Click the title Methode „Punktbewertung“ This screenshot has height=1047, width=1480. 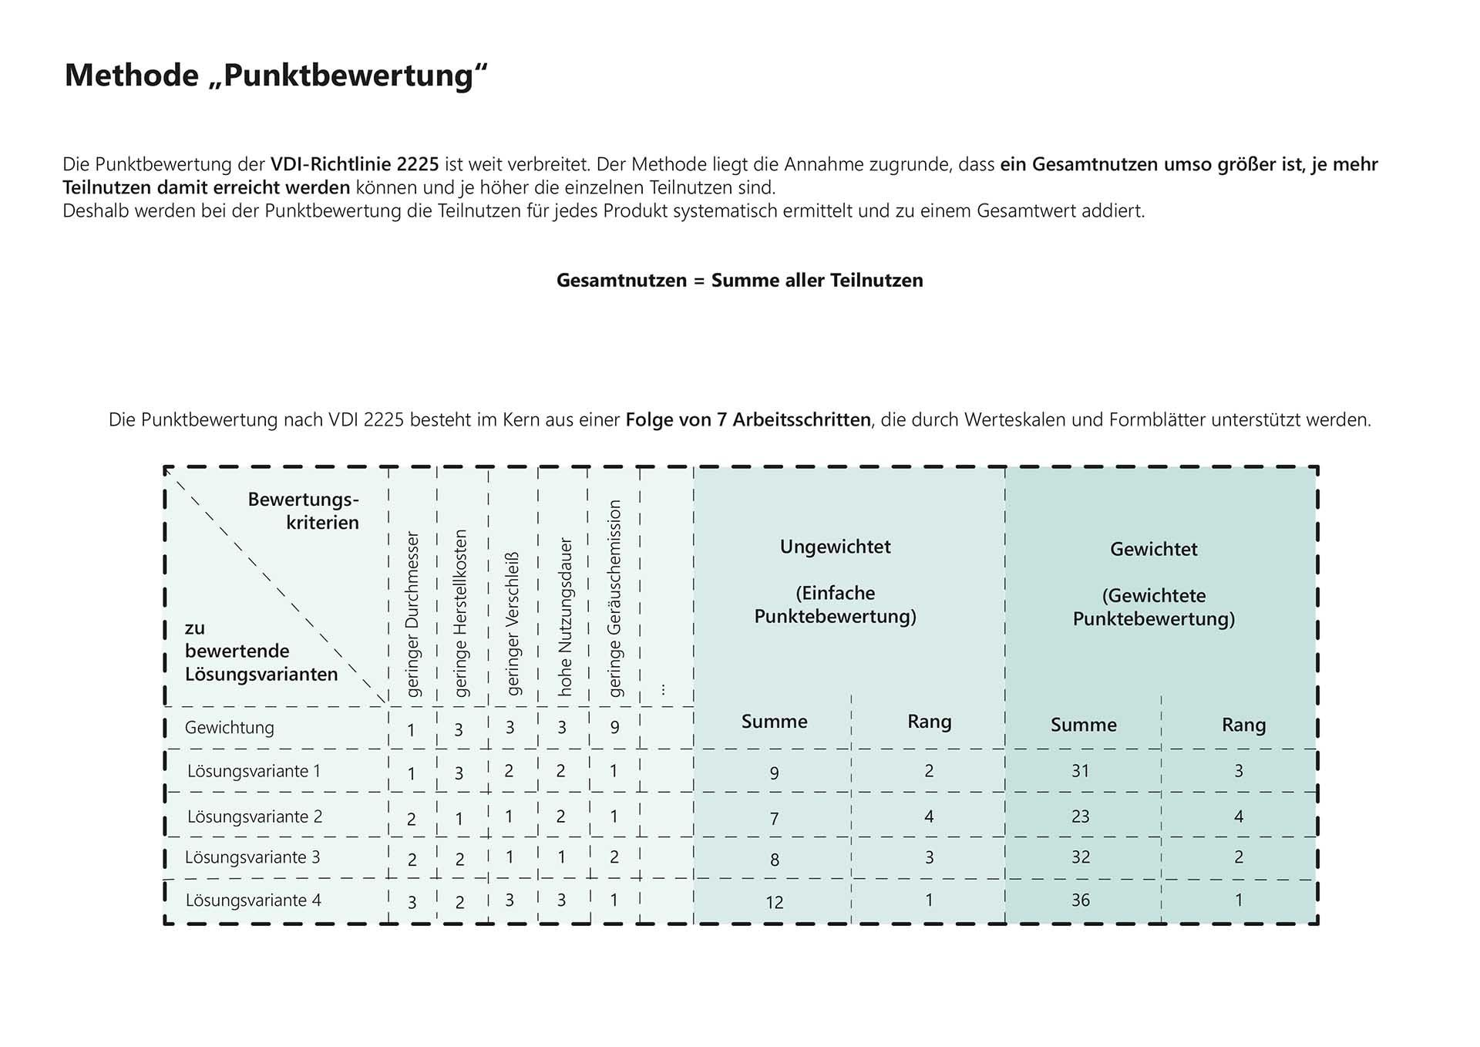click(276, 76)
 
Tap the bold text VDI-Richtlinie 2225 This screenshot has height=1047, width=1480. click(355, 164)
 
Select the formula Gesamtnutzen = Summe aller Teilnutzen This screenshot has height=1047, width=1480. click(739, 280)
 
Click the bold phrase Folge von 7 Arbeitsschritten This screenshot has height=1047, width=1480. click(748, 420)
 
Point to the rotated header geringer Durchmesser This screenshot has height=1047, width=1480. click(412, 614)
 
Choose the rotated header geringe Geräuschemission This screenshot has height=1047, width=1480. click(614, 598)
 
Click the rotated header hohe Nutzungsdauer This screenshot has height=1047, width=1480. click(565, 617)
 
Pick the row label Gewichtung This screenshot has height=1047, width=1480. click(229, 728)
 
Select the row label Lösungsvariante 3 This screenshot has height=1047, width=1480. click(252, 857)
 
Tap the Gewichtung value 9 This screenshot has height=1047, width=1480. click(614, 727)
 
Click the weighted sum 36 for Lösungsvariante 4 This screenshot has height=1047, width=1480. click(1080, 900)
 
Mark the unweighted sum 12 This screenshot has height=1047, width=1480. click(774, 902)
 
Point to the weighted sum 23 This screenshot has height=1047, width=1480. click(1080, 816)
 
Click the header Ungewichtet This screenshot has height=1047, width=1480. click(835, 547)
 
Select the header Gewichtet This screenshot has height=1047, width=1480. click(1153, 549)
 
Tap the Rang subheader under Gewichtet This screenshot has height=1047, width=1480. click(1243, 725)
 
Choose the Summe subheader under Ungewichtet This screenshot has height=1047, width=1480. click(774, 722)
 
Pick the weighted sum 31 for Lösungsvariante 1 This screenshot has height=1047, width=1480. click(1080, 770)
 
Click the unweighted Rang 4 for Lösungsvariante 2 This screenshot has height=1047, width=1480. click(929, 816)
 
